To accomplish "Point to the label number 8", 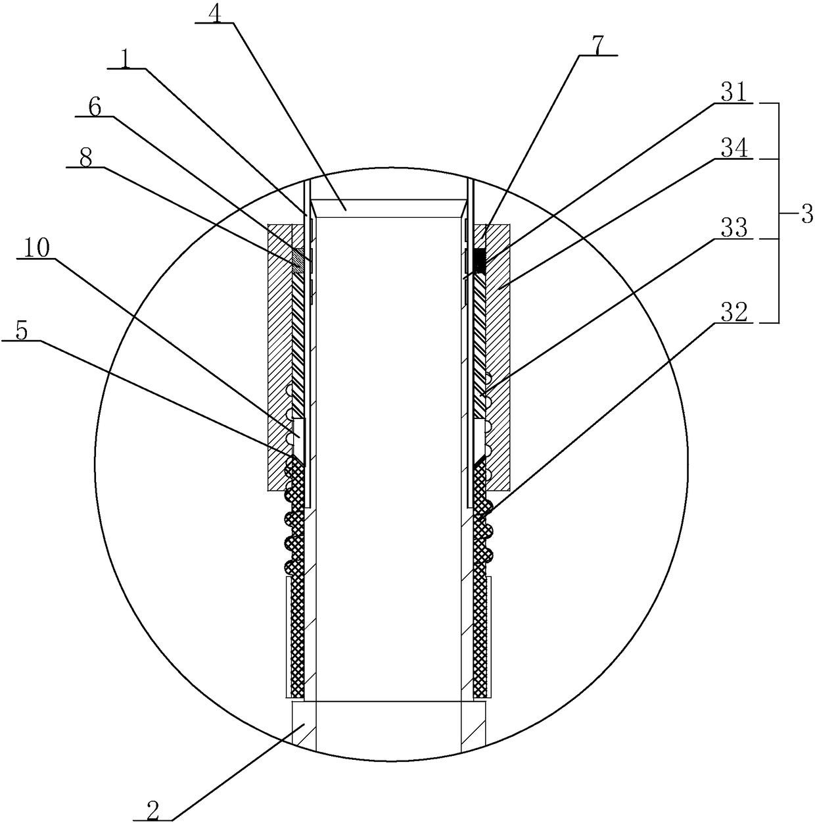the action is (85, 159).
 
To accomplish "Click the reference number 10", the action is (34, 249).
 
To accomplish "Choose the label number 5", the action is (22, 332).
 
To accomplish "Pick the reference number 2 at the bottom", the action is (152, 811).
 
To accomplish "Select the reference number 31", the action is (735, 94).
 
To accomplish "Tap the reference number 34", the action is (735, 149).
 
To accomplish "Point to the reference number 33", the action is (735, 230).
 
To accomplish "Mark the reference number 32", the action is (735, 314).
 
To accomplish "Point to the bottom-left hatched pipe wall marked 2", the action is (303, 724).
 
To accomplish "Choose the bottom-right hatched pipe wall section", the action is (473, 724).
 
